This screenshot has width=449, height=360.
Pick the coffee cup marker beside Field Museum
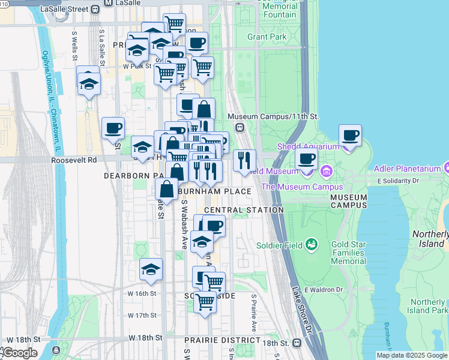(306, 160)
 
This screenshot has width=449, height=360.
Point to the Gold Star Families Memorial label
(348, 253)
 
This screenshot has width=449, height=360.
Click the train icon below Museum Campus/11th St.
(240, 127)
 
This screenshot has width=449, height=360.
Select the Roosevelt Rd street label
(74, 160)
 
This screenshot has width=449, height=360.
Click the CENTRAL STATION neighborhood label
(243, 210)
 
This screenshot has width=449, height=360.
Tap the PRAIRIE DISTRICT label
(214, 340)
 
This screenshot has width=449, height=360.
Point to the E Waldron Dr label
(323, 289)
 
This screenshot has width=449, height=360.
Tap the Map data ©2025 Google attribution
(412, 355)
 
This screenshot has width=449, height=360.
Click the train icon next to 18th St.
(297, 343)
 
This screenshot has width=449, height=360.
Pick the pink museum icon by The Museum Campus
(327, 172)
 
